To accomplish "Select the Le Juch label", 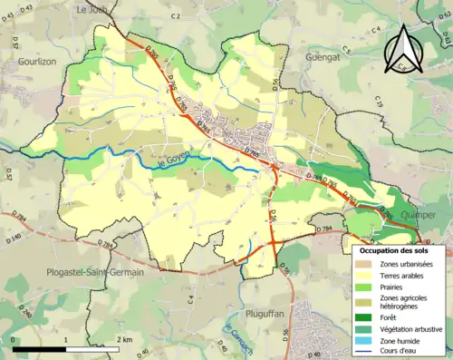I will point(92,9).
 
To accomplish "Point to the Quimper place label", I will point(417,215).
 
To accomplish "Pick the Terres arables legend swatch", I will point(366,276).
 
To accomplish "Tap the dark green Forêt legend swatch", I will point(366,317).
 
